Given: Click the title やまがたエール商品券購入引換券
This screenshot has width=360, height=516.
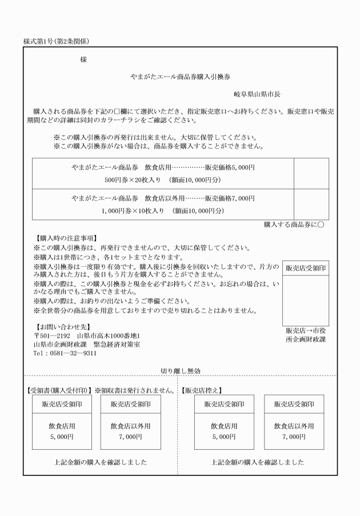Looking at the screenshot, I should pyautogui.click(x=180, y=76).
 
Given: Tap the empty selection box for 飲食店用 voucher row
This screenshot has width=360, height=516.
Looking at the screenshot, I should pyautogui.click(x=311, y=174).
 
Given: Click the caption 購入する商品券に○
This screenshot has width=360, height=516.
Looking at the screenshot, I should pyautogui.click(x=294, y=225).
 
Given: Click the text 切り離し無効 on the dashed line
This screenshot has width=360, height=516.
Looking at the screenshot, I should pyautogui.click(x=180, y=371).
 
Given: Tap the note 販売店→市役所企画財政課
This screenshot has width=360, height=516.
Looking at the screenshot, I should pyautogui.click(x=306, y=335).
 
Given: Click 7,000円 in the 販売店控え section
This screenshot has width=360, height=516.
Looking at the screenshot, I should pyautogui.click(x=290, y=437).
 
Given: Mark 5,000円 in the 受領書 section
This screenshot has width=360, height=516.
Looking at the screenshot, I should pyautogui.click(x=60, y=437).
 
